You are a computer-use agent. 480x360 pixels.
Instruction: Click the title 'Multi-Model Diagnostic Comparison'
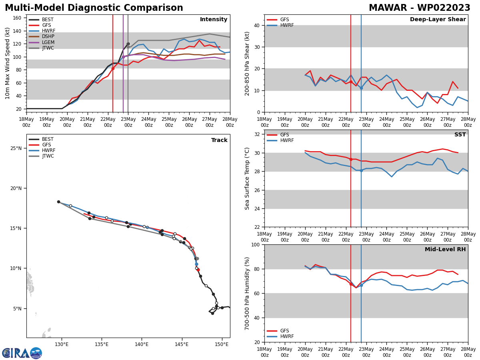(94, 8)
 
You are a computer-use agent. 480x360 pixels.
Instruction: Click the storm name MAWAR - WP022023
(419, 8)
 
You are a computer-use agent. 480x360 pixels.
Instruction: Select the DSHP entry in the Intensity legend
(48, 36)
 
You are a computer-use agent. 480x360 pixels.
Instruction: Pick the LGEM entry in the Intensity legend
(48, 42)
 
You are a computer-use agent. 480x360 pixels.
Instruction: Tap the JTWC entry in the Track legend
(48, 156)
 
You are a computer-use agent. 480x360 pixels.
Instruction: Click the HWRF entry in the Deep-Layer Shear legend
(286, 25)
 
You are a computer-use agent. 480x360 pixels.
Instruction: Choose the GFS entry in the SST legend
(284, 135)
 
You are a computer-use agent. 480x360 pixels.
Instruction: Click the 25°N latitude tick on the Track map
(16, 148)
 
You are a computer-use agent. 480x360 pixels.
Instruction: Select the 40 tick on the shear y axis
(256, 25)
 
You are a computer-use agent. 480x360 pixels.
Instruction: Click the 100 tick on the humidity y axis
(254, 244)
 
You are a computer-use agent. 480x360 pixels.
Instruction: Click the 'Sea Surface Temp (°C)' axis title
(247, 178)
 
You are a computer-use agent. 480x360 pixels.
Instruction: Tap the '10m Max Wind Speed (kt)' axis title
(8, 63)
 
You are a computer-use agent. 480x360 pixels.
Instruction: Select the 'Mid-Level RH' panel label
(445, 250)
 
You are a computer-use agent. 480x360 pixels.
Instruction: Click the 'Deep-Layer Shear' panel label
(438, 20)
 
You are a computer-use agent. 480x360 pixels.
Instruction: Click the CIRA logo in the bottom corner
(22, 353)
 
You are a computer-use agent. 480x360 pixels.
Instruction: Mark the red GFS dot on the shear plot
(351, 82)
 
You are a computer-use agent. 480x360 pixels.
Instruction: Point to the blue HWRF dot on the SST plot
(361, 170)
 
